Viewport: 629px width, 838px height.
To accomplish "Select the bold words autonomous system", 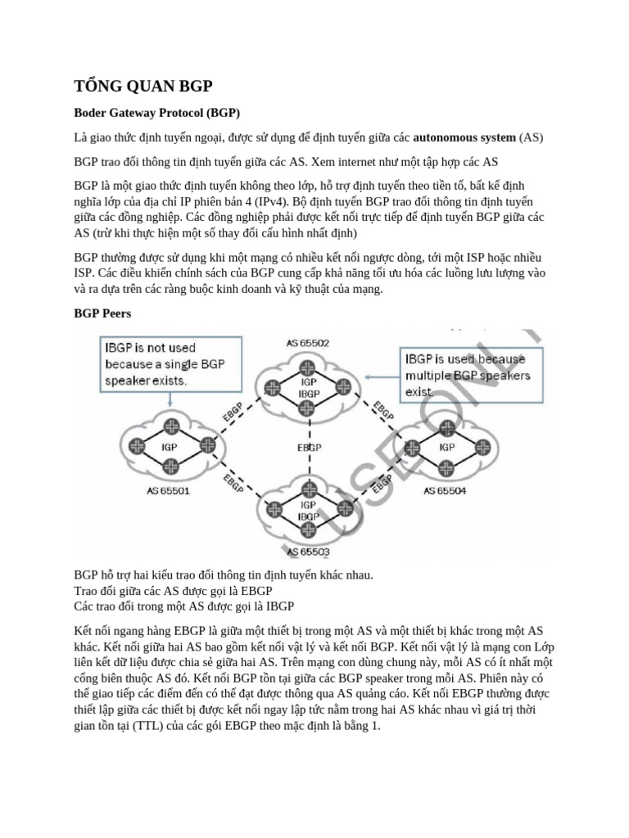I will [464, 137].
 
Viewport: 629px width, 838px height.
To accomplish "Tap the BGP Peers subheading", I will [102, 313].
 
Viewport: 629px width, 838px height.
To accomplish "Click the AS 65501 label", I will [168, 491].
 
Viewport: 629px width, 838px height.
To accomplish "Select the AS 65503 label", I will [309, 552].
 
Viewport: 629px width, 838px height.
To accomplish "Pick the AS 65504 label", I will [446, 490].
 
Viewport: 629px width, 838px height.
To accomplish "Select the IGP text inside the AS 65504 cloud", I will [447, 448].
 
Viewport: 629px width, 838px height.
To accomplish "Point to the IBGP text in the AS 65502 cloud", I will [310, 394].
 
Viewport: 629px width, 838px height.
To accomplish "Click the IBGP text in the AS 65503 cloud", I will [309, 516].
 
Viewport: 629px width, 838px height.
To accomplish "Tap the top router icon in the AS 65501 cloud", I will [171, 425].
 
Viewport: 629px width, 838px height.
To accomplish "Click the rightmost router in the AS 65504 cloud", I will [477, 448].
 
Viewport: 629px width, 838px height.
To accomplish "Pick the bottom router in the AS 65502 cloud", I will [310, 409].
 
